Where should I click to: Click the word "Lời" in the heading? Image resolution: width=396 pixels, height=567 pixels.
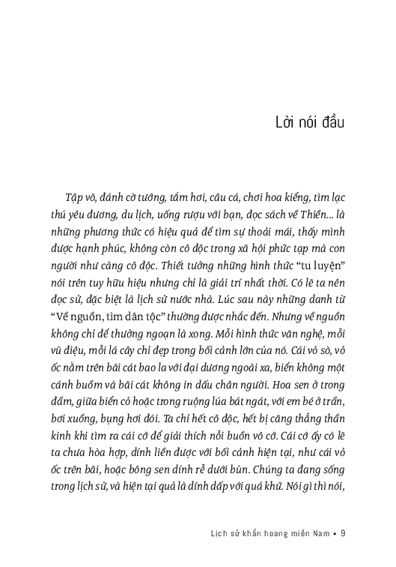pos(287,121)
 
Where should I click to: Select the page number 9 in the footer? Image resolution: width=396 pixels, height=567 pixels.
pos(342,534)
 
